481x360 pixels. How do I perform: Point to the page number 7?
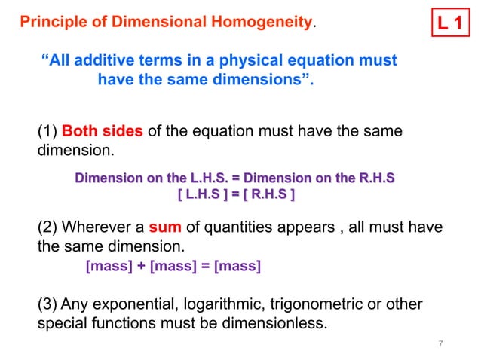440,344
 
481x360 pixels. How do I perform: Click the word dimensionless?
280,325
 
